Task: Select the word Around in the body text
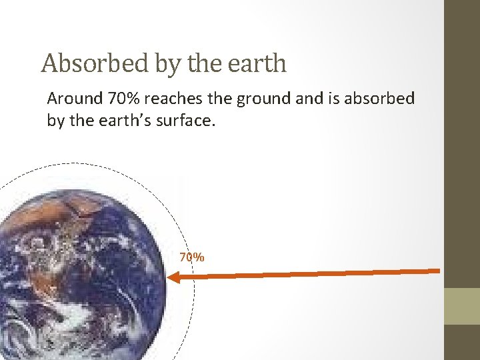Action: [73, 100]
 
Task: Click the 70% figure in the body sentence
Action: [121, 100]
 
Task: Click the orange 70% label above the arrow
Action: [192, 257]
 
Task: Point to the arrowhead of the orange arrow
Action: [172, 278]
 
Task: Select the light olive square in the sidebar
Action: [461, 306]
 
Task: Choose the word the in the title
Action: [198, 64]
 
